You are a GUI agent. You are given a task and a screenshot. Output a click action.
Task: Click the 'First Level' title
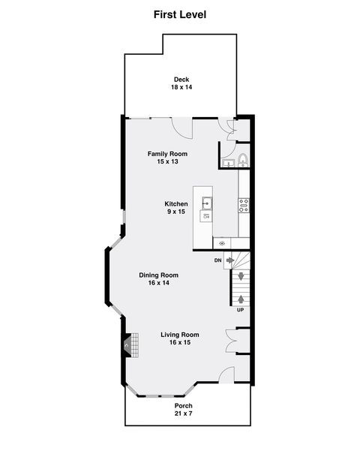click(x=180, y=14)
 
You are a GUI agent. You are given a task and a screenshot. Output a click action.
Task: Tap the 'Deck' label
click(x=181, y=79)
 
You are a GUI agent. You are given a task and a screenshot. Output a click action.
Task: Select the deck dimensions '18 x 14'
click(x=181, y=88)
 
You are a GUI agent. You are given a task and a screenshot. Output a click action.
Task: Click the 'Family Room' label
click(x=166, y=153)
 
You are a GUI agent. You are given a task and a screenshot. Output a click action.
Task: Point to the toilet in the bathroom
click(x=243, y=160)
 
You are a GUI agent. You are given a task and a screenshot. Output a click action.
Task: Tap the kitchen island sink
click(x=205, y=203)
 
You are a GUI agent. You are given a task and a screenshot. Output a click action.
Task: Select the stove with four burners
click(x=244, y=205)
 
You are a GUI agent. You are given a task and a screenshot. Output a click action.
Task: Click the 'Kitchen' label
click(x=176, y=203)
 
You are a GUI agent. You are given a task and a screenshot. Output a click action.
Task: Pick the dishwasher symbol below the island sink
click(x=205, y=217)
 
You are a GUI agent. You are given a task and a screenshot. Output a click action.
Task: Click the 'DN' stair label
click(x=217, y=260)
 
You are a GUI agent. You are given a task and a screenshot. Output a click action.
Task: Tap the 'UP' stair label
click(x=240, y=310)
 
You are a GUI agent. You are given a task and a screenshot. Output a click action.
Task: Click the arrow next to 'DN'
click(x=231, y=260)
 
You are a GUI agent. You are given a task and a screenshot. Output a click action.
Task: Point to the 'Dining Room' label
click(x=158, y=275)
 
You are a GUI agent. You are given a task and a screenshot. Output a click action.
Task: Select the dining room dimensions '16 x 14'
click(x=158, y=283)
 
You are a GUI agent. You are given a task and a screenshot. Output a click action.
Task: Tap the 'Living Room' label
click(x=180, y=335)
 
